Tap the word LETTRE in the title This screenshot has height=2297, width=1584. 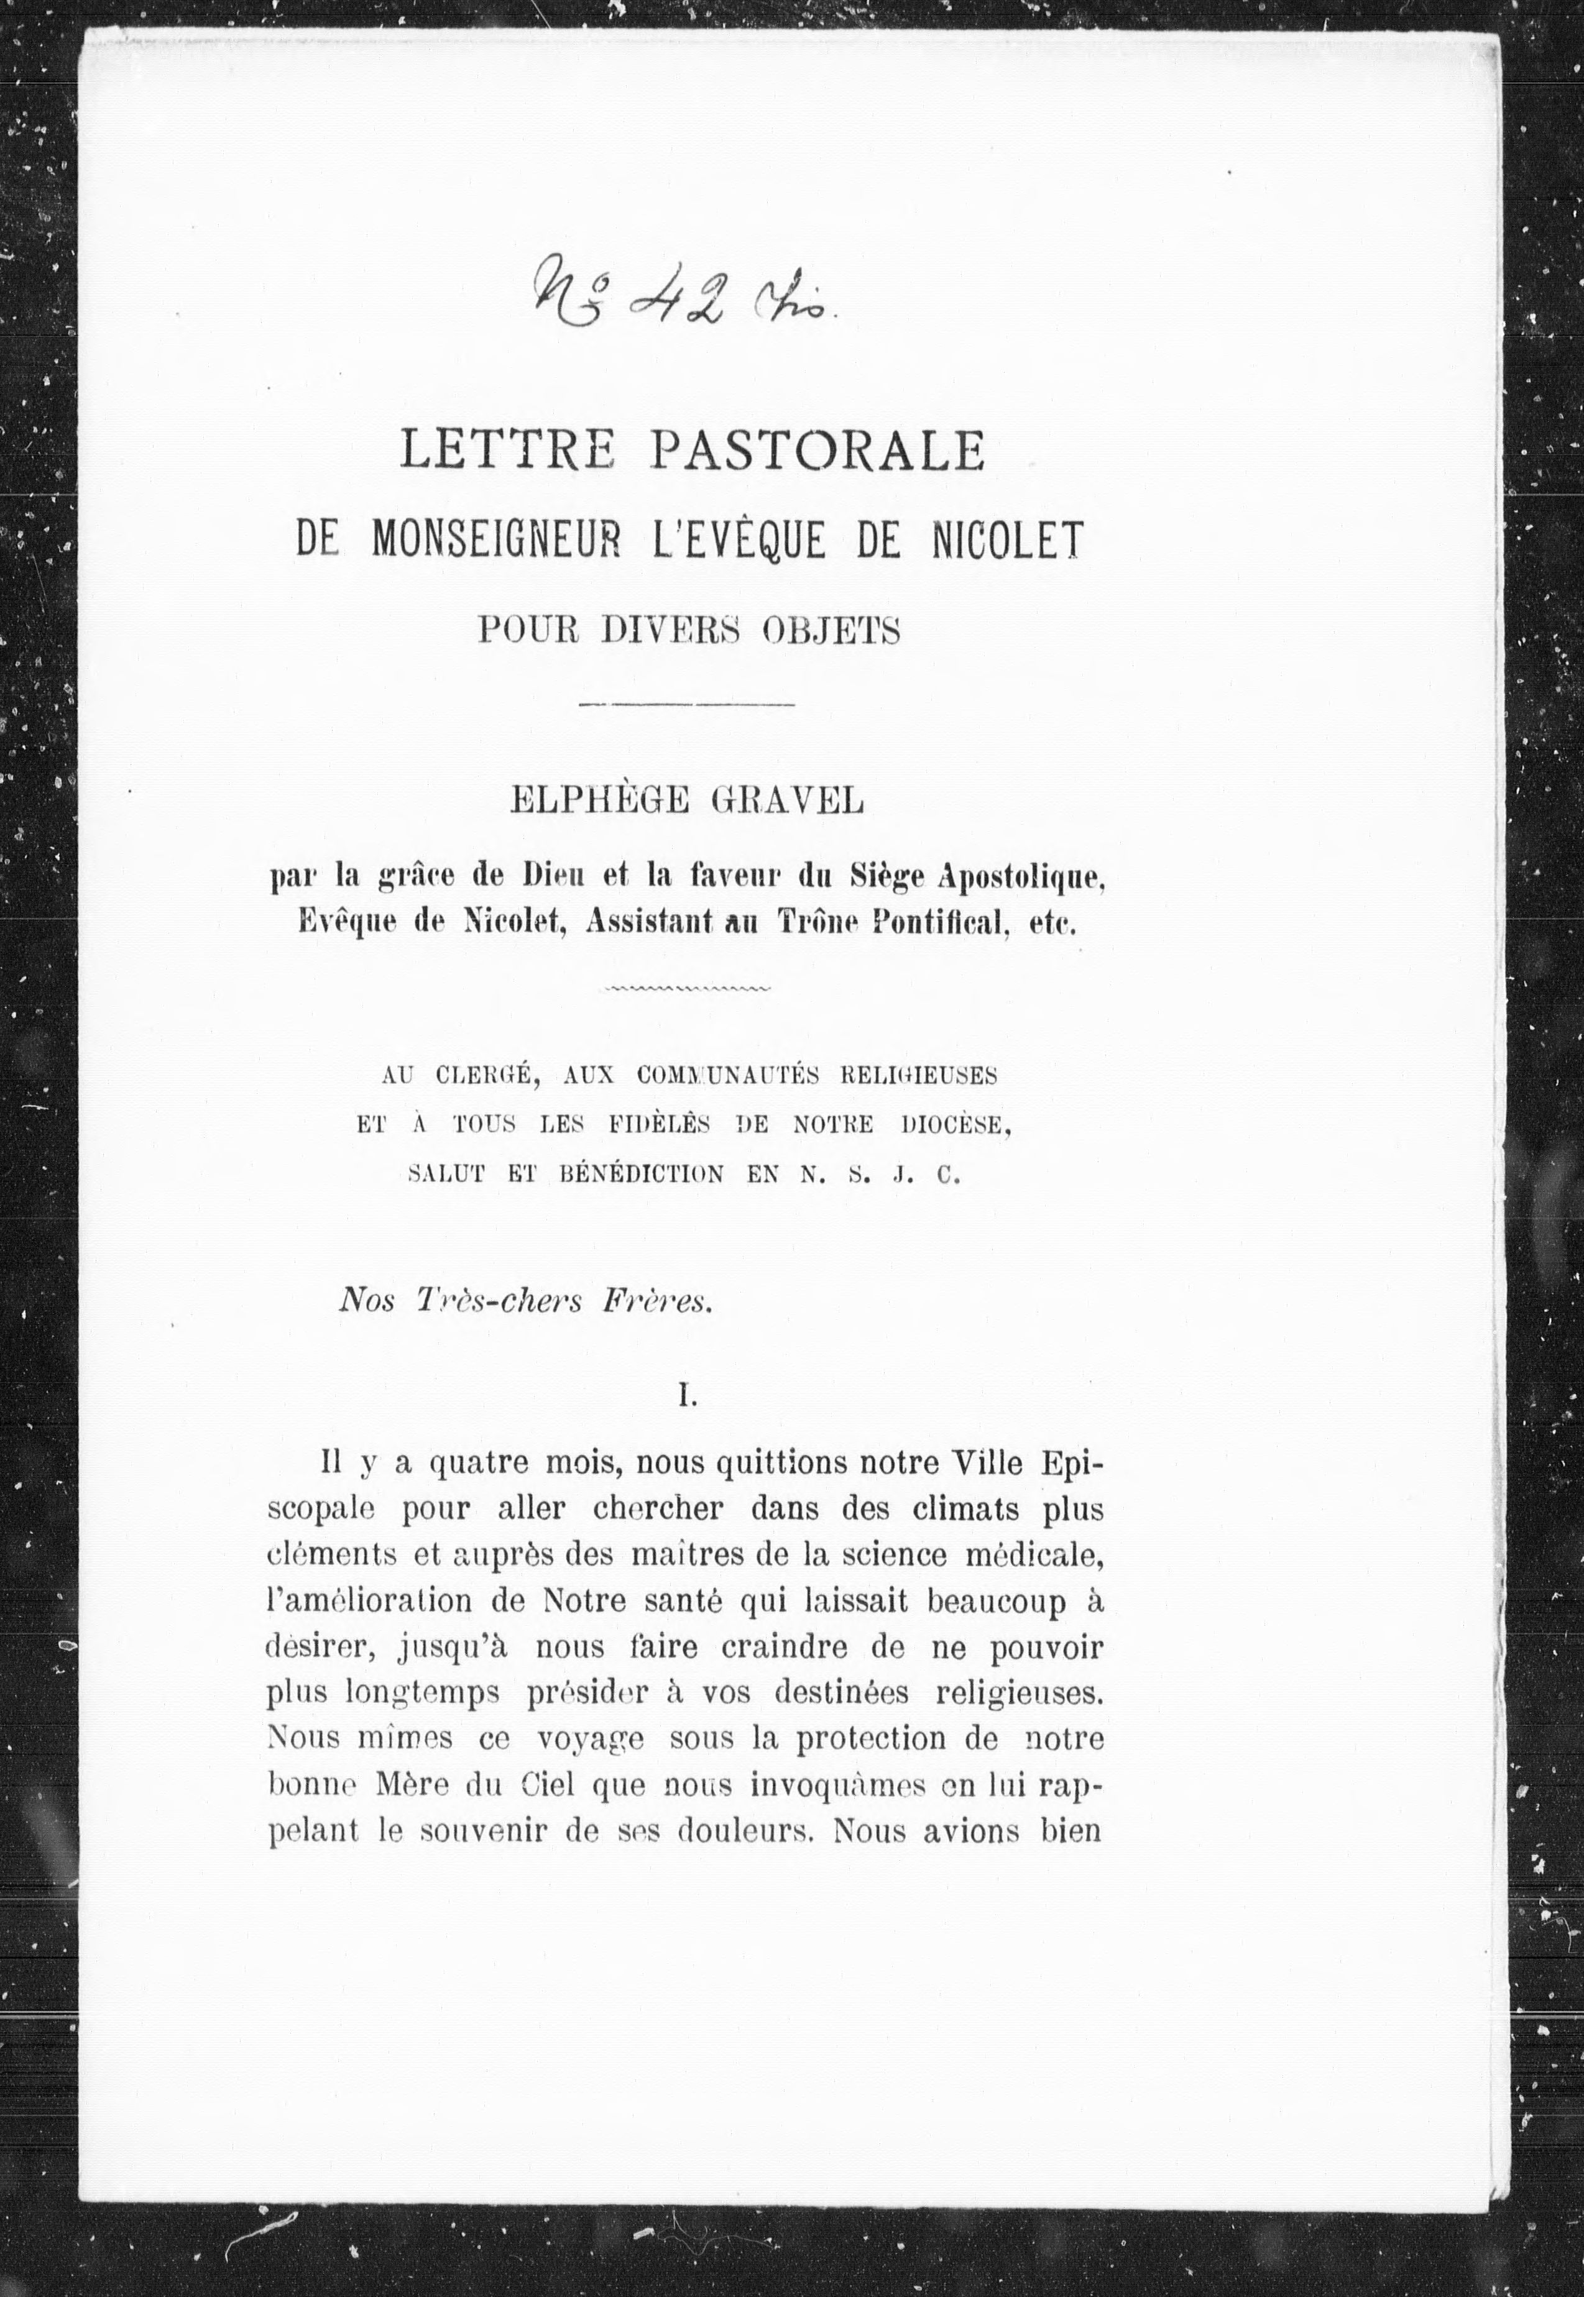tap(507, 451)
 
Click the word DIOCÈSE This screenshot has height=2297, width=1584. tap(957, 1124)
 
